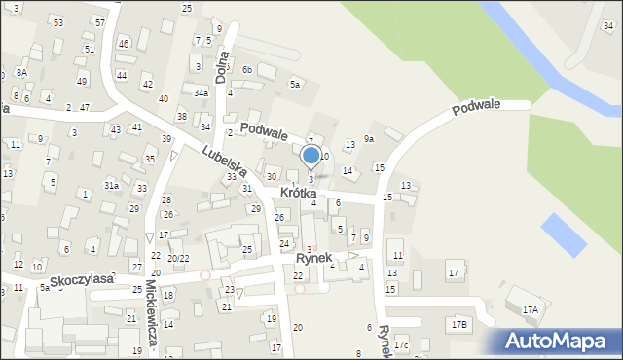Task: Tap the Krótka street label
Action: tap(298, 194)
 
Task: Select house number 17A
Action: tap(530, 310)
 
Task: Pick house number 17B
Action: tap(458, 323)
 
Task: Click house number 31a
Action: tap(112, 185)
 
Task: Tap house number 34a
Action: tap(201, 93)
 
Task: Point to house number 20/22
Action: tap(177, 258)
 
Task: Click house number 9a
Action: tap(369, 139)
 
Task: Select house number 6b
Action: tap(247, 69)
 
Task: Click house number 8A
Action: tap(21, 72)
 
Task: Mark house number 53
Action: tap(58, 21)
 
